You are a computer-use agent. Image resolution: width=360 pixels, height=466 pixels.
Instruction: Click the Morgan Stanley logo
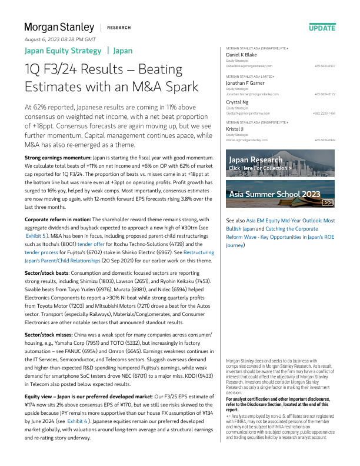click(x=59, y=27)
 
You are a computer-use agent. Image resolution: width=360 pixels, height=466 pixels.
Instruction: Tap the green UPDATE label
click(x=322, y=28)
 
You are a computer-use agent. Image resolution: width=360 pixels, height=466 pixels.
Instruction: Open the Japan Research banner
click(x=280, y=164)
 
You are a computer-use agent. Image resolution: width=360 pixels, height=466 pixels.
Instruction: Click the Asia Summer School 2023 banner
click(x=280, y=194)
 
